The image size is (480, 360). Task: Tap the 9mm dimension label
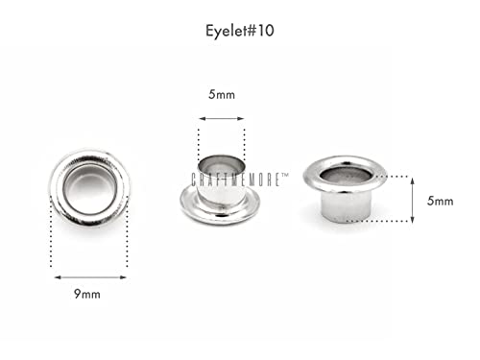tap(88, 294)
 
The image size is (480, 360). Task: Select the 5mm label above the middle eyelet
tap(222, 96)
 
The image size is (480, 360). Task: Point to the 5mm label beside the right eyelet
tap(441, 201)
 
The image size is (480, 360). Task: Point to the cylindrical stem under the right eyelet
tap(344, 206)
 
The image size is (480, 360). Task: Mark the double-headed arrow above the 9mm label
tap(88, 276)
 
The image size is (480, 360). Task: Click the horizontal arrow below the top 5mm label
tap(222, 118)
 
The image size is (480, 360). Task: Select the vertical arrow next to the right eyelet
tap(411, 200)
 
